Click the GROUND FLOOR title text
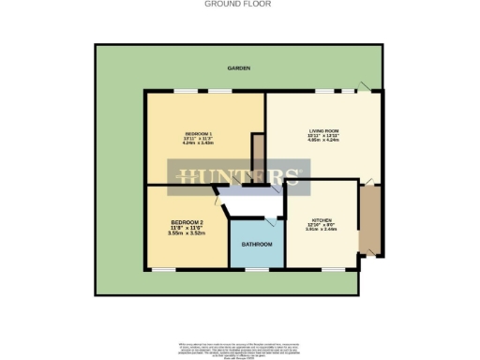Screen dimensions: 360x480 (x=239, y=4)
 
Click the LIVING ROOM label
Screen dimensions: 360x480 (x=323, y=131)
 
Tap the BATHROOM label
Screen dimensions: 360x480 (x=257, y=245)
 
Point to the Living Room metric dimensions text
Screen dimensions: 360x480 (x=323, y=142)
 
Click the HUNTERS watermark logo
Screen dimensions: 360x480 (x=239, y=176)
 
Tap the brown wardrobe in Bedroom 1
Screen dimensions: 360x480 (x=258, y=150)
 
